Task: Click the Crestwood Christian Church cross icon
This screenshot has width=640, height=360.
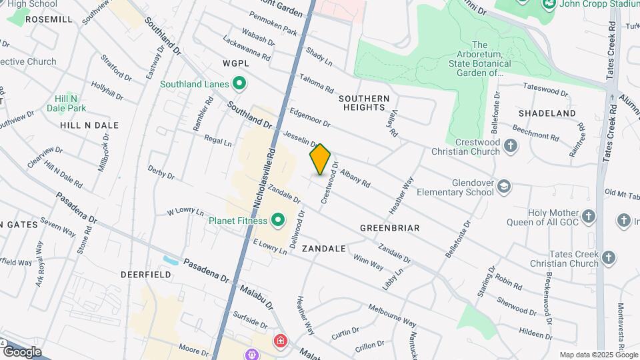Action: click(x=511, y=145)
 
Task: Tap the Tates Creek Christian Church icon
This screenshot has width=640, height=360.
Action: click(x=609, y=257)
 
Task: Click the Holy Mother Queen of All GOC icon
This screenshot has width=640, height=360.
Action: click(x=588, y=216)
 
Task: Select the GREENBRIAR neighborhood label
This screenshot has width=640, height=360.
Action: click(x=389, y=228)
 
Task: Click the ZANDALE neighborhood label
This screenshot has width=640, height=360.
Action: click(x=324, y=248)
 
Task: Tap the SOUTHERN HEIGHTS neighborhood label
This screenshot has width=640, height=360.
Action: click(x=364, y=103)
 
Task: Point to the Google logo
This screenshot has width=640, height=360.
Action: click(x=21, y=351)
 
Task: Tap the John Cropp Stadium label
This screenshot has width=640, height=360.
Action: click(x=587, y=4)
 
